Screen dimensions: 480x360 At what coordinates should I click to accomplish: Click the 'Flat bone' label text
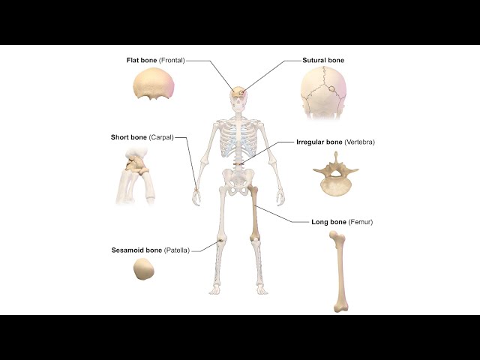coord(141,60)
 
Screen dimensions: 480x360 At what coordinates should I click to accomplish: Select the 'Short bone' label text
coord(129,137)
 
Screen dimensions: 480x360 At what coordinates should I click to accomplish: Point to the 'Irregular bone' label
coord(319,142)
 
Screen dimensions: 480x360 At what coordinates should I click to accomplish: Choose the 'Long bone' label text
coord(328,222)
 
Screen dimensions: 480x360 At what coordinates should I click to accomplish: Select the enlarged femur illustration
coord(340,271)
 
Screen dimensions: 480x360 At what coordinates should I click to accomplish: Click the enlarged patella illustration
coord(143,270)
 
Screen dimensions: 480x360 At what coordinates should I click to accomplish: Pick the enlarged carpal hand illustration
coord(136,175)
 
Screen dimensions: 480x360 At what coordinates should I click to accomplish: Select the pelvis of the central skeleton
coord(238,181)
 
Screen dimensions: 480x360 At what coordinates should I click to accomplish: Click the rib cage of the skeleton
coord(238,137)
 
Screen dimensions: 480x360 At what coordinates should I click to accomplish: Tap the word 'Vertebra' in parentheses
coord(361,142)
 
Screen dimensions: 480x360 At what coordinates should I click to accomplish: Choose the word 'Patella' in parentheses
coord(177,250)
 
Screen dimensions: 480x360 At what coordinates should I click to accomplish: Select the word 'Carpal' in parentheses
coord(161,137)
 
